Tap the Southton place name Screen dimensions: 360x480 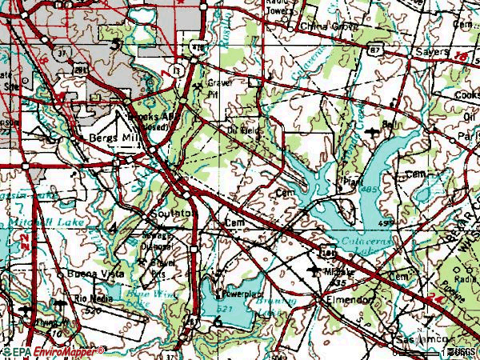pos(168,214)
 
